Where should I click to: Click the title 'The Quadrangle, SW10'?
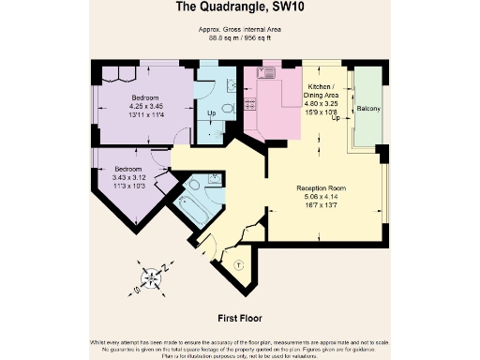pos(240,8)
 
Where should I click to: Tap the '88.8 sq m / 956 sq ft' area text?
pos(240,39)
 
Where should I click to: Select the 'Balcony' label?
pos(368,110)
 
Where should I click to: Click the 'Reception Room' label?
pos(322,188)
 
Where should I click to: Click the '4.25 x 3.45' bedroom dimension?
pos(145,106)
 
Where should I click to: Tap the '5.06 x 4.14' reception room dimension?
pos(322,197)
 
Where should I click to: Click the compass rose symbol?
pos(151,277)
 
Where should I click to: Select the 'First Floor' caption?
pos(239,317)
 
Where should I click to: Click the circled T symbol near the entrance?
pos(237,263)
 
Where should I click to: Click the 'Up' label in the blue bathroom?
pos(210,112)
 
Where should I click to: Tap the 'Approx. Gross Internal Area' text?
pos(240,31)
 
